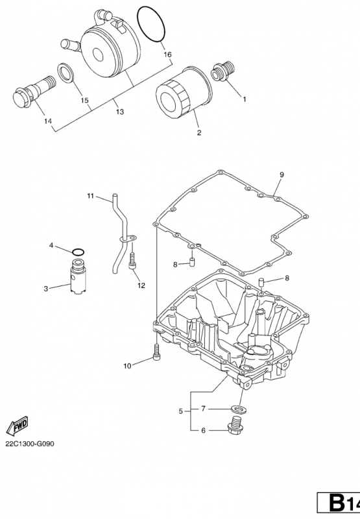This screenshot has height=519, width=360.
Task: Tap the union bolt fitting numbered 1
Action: (x=223, y=71)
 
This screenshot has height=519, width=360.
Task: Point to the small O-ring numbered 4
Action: (x=78, y=252)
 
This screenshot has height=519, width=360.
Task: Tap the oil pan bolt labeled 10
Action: (x=156, y=351)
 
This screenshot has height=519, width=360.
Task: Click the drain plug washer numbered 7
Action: (x=240, y=409)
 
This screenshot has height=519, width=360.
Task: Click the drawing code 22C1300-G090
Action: (x=29, y=444)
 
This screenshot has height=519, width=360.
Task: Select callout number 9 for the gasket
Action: (x=282, y=175)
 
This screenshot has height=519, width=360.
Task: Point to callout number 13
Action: (x=120, y=112)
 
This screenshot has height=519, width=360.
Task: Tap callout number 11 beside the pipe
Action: (x=91, y=196)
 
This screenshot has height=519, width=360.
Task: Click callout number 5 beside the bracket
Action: (x=181, y=411)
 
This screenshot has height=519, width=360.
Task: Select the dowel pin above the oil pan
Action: (x=260, y=283)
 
